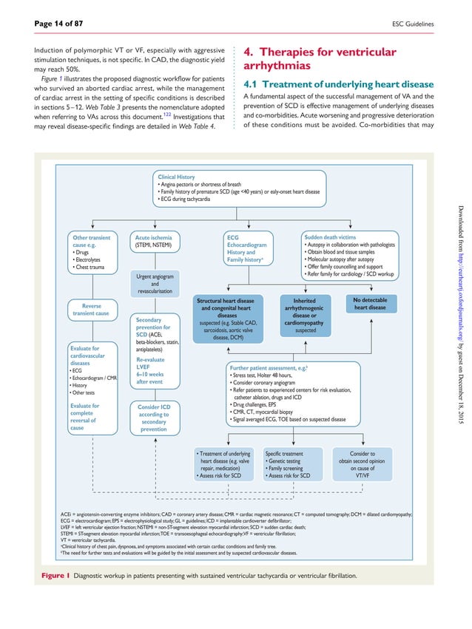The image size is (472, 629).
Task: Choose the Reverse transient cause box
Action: click(x=92, y=309)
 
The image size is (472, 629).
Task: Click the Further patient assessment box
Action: click(x=294, y=392)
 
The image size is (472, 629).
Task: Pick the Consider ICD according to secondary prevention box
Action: click(x=154, y=418)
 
